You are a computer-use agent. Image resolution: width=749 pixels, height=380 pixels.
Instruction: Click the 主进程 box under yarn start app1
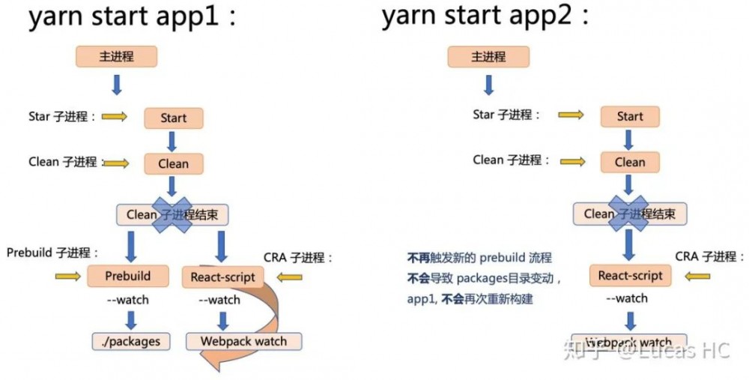[x=116, y=56]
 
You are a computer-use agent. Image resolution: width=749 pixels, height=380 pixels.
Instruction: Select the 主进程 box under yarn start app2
[x=488, y=56]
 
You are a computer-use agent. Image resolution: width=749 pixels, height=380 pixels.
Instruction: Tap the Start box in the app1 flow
[x=173, y=118]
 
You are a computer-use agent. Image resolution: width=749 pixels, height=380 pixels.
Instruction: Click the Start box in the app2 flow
[x=630, y=116]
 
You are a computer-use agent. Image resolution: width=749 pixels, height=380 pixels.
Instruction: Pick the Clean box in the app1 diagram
[x=173, y=163]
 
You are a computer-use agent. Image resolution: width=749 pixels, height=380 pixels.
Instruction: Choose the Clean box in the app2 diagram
[x=630, y=162]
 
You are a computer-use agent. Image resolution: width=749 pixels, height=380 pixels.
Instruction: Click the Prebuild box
[x=127, y=276]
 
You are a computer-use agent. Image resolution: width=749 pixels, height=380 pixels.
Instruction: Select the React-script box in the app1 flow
[x=222, y=277]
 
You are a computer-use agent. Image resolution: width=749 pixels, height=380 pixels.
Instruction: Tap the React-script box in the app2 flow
[x=630, y=275]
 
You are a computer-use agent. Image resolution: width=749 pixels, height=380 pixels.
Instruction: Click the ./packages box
[x=131, y=341]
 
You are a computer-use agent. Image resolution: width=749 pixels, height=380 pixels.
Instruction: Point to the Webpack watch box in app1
[x=243, y=341]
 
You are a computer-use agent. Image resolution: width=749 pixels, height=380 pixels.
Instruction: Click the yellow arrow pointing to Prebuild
[x=68, y=277]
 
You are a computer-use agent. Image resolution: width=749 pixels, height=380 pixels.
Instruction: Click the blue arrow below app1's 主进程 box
[x=116, y=84]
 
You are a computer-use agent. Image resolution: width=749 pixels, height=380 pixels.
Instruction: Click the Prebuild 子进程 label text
[x=52, y=253]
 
